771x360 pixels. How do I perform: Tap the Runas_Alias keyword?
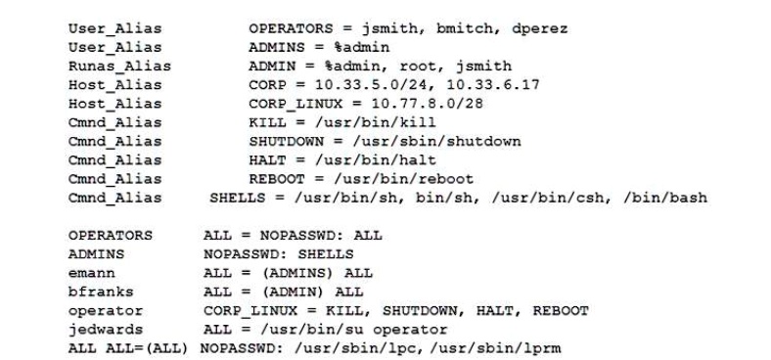(118, 66)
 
